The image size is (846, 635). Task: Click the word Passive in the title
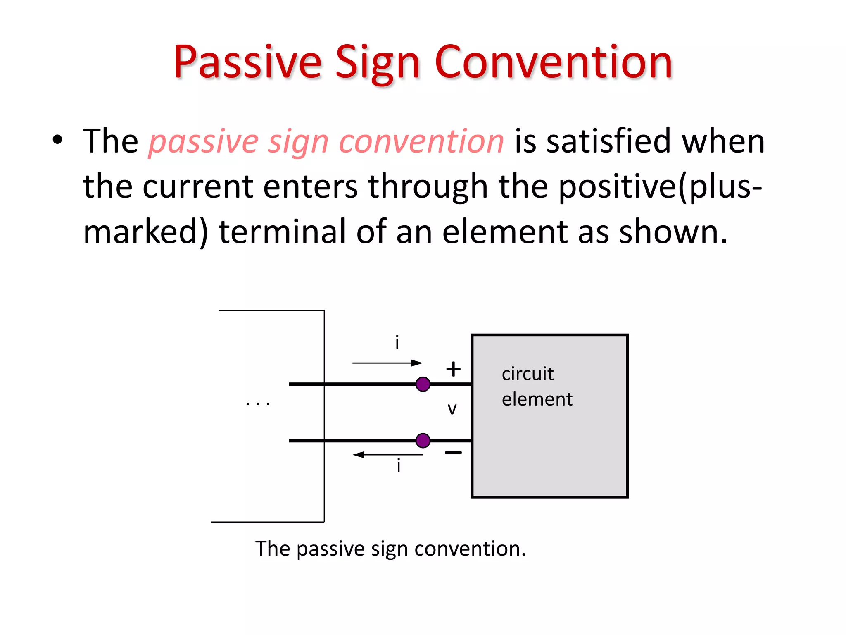tap(247, 63)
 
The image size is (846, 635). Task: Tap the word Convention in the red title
tap(554, 63)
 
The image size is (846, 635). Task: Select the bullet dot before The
tap(57, 140)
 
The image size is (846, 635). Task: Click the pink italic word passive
tap(204, 142)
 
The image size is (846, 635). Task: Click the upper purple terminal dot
tap(423, 384)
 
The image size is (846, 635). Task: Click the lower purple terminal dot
tap(423, 440)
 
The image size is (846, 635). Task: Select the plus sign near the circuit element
tap(453, 369)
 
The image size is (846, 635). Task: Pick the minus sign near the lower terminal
tap(453, 453)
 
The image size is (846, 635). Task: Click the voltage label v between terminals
tap(452, 409)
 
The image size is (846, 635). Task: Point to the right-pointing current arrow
tap(387, 363)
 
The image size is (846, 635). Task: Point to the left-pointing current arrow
tap(387, 455)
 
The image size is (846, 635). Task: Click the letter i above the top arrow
tap(397, 342)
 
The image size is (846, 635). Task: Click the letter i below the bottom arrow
tap(398, 466)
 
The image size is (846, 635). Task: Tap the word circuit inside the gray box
tap(527, 374)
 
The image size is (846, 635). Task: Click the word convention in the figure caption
tap(470, 549)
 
